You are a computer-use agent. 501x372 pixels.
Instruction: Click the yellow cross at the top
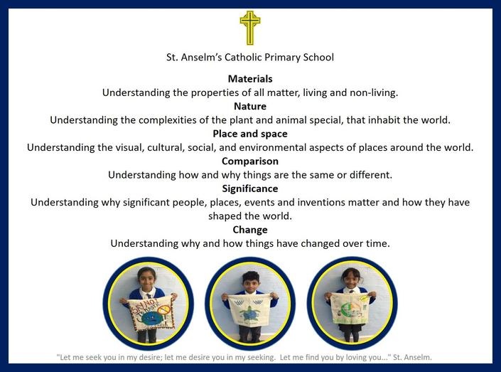click(x=250, y=28)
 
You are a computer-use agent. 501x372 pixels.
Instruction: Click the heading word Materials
click(x=250, y=79)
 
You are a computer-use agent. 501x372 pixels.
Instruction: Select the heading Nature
click(x=250, y=106)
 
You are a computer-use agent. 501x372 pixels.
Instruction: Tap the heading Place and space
click(x=250, y=134)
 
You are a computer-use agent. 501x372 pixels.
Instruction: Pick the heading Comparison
click(x=250, y=161)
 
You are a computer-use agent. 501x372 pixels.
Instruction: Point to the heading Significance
click(x=250, y=188)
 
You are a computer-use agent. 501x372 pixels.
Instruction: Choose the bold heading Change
click(x=250, y=230)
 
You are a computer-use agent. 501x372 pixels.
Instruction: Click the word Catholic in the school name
click(x=243, y=57)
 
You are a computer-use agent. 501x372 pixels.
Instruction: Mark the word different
click(x=371, y=175)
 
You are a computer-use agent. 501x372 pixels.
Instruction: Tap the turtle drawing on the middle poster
click(x=250, y=313)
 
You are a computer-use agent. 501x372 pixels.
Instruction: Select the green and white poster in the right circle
click(x=349, y=309)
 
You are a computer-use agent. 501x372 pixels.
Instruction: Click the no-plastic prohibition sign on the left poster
click(x=164, y=309)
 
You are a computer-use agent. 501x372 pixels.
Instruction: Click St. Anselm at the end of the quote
click(x=412, y=357)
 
